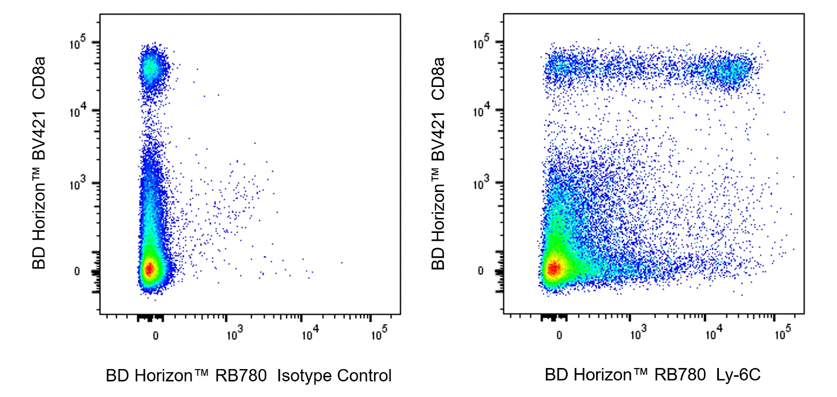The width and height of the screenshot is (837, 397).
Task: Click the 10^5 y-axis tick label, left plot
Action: point(78,43)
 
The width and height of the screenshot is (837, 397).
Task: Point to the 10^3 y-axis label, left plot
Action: point(78,184)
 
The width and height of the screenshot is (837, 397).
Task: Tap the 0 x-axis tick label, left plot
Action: point(155,336)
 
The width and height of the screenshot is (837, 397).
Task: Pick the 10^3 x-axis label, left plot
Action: point(235,334)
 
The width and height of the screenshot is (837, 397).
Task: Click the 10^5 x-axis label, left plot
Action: point(379,334)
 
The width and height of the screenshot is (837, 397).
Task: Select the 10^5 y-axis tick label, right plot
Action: point(481,43)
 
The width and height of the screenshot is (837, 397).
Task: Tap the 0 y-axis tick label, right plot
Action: point(481,271)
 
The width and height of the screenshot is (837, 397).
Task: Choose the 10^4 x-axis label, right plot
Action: point(714,334)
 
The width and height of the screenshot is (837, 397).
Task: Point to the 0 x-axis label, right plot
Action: point(559,335)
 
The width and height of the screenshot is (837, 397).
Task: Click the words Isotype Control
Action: point(334,376)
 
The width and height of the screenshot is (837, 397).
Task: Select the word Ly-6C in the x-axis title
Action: point(738,375)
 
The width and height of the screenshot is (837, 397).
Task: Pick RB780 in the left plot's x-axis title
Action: point(241,376)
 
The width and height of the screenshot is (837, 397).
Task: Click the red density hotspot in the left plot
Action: point(149,269)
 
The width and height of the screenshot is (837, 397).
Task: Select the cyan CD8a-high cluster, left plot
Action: point(151,68)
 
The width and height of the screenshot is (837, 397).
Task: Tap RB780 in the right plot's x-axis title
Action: point(680,375)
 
